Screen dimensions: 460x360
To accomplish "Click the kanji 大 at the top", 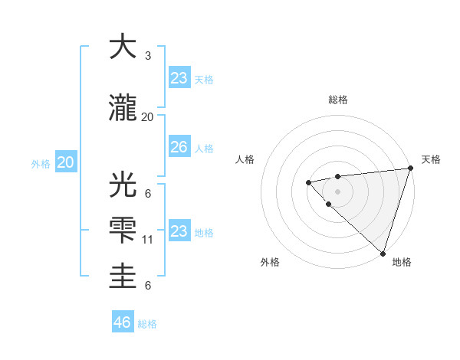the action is pyautogui.click(x=123, y=47).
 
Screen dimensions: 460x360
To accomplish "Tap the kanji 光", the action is pyautogui.click(x=123, y=184).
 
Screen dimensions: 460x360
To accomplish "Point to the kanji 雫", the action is pyautogui.click(x=123, y=231).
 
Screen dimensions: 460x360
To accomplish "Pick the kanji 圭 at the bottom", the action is pyautogui.click(x=123, y=276).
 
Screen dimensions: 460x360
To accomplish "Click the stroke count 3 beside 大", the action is pyautogui.click(x=148, y=56).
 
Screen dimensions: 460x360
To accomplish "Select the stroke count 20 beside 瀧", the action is pyautogui.click(x=148, y=116).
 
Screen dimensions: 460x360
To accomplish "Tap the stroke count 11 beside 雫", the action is pyautogui.click(x=148, y=240).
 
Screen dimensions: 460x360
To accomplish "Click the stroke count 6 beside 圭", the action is pyautogui.click(x=148, y=285).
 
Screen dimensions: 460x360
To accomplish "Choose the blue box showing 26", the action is pyautogui.click(x=179, y=147).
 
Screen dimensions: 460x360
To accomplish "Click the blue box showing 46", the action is pyautogui.click(x=123, y=322).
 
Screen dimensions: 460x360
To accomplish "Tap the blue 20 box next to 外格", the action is pyautogui.click(x=66, y=162).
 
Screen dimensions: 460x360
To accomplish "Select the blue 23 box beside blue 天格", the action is pyautogui.click(x=179, y=78).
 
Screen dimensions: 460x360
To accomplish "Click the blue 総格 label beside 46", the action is pyautogui.click(x=147, y=324).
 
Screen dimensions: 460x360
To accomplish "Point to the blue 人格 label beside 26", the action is pyautogui.click(x=204, y=148).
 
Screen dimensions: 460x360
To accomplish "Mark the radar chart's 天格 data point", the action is pyautogui.click(x=411, y=169).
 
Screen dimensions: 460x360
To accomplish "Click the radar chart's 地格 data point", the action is pyautogui.click(x=383, y=253).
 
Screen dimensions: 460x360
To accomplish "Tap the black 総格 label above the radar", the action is pyautogui.click(x=338, y=100).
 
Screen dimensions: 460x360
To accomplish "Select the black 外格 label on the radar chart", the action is pyautogui.click(x=270, y=262).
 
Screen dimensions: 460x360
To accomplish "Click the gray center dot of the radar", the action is pyautogui.click(x=337, y=191).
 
